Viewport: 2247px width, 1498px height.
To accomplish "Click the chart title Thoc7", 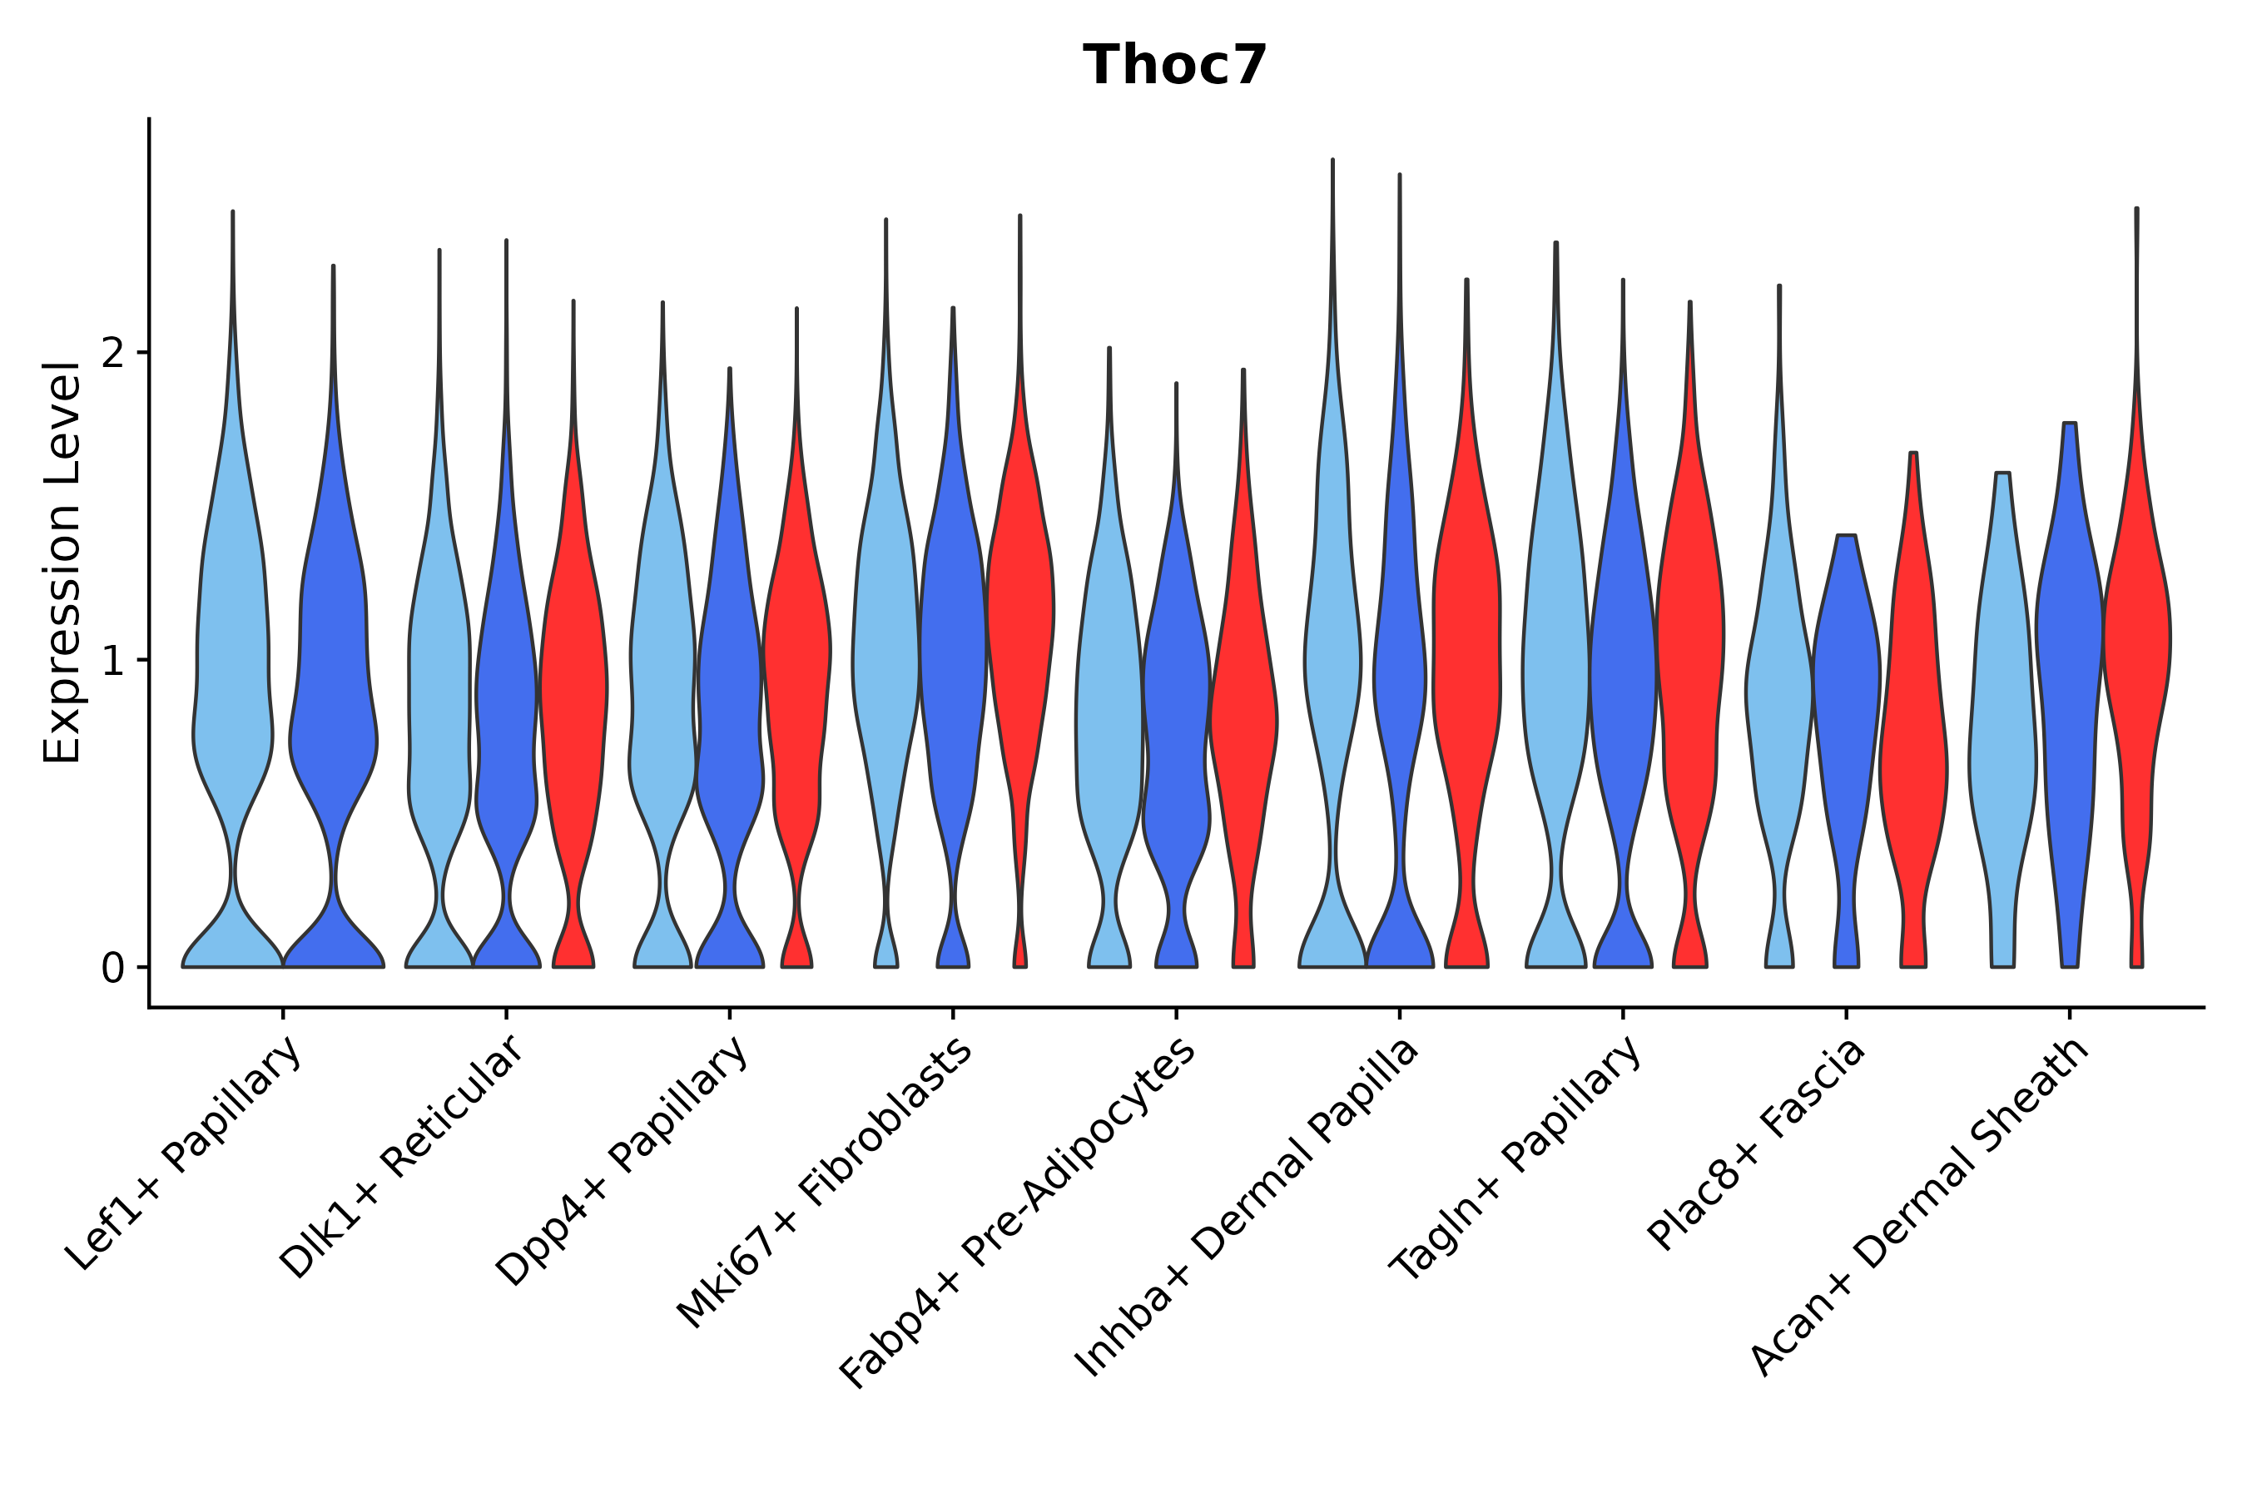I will tap(1174, 66).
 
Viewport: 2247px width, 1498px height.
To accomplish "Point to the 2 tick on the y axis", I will tap(112, 354).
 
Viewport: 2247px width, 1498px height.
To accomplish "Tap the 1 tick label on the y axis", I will tap(112, 661).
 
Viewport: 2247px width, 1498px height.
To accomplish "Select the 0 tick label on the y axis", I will tap(112, 969).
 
